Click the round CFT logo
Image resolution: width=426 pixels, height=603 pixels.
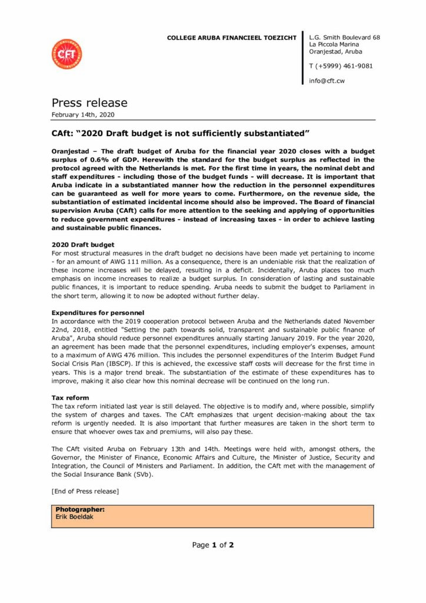(x=66, y=54)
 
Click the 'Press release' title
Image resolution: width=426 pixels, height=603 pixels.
(x=89, y=103)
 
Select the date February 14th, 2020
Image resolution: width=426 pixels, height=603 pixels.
(x=83, y=114)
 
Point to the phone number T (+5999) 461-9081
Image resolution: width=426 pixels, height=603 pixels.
(x=341, y=66)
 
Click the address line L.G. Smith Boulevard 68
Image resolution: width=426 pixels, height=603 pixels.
(x=344, y=38)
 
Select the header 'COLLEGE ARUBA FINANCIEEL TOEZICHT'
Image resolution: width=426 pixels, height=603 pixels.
(x=231, y=38)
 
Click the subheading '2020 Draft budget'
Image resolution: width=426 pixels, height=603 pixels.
(x=83, y=244)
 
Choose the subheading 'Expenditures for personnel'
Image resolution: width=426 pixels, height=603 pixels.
(x=98, y=312)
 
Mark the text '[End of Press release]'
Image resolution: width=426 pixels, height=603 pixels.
(x=85, y=491)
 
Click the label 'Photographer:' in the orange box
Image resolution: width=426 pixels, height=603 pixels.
(x=80, y=509)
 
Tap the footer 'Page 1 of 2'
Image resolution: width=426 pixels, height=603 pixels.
(x=213, y=545)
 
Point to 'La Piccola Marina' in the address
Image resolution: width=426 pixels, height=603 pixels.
(x=338, y=44)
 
